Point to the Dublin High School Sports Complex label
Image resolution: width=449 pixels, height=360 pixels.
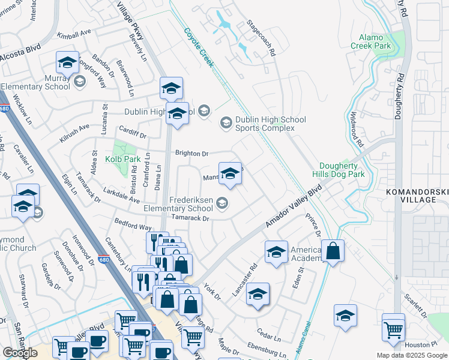(x=265, y=124)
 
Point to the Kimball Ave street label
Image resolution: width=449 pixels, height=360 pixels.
(x=73, y=36)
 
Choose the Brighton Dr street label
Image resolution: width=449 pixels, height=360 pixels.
(x=191, y=153)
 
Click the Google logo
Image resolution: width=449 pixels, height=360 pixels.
(x=20, y=353)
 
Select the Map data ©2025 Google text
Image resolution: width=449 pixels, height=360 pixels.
(x=411, y=355)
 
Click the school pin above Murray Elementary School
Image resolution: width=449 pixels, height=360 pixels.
(x=68, y=63)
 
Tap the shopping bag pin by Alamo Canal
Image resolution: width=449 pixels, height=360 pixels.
(x=332, y=251)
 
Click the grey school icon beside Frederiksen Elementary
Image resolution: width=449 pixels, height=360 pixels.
(x=222, y=204)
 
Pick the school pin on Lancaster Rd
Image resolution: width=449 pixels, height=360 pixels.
(x=258, y=295)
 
